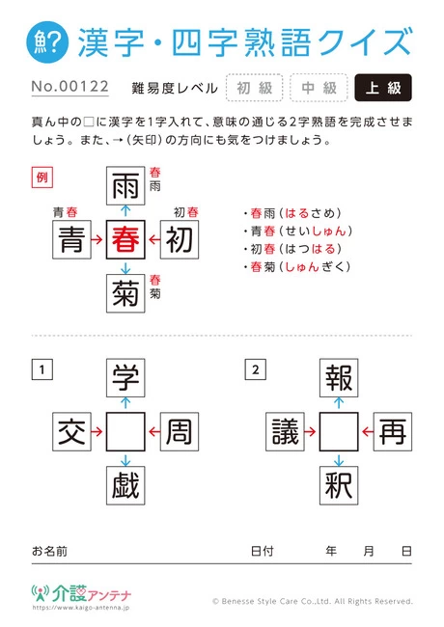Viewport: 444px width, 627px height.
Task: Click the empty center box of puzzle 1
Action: pos(125,432)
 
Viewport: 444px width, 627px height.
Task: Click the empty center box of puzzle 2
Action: pos(339,432)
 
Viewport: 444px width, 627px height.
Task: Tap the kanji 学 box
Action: pos(125,378)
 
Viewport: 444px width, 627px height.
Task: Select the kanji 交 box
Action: pos(72,432)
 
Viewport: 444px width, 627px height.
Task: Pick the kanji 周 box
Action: pos(180,432)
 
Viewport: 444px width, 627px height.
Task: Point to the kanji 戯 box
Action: pos(125,485)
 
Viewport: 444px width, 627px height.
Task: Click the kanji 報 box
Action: pos(339,378)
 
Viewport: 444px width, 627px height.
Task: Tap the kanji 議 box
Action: pos(285,432)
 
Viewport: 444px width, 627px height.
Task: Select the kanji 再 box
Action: pos(393,432)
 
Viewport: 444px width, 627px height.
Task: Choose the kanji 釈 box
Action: pos(339,485)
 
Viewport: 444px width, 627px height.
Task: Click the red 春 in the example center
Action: pos(125,239)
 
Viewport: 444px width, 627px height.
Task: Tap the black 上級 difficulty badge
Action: pos(383,88)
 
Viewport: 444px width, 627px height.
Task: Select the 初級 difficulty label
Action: pos(255,88)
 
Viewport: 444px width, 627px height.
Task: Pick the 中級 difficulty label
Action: pos(319,88)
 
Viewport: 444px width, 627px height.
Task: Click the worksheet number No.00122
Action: pos(70,87)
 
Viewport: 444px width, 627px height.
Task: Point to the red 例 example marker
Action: pos(42,177)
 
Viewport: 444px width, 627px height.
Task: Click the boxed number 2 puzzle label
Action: pos(256,369)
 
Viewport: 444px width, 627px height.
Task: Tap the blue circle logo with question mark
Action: pos(47,42)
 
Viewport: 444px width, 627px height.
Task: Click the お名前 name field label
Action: pos(49,551)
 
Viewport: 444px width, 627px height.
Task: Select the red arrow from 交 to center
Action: pos(97,432)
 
